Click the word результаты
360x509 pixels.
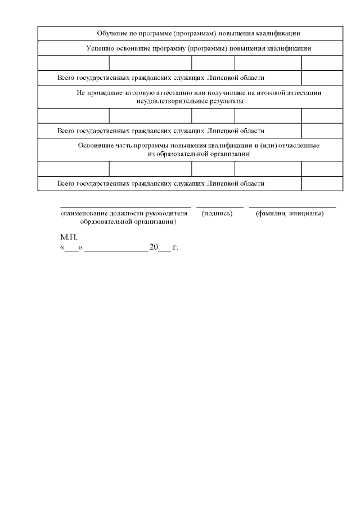coord(220,101)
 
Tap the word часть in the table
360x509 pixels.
coord(125,145)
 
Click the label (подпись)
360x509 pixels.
coord(217,214)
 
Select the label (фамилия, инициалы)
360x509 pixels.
coord(289,214)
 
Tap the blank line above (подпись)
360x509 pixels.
coord(219,208)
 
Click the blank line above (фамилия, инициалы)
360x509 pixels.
coord(292,208)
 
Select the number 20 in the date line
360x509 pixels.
coord(154,247)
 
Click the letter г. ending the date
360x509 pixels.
coord(175,247)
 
